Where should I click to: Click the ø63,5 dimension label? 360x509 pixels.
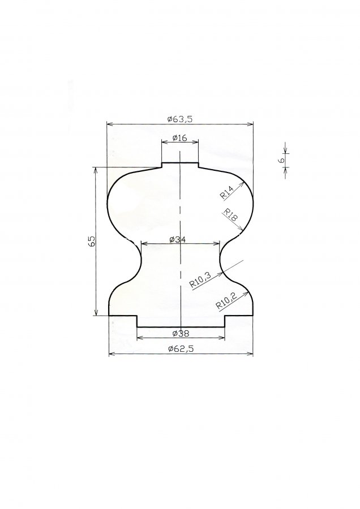tap(180, 119)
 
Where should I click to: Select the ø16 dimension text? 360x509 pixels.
tap(180, 138)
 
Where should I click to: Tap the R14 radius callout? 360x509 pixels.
tap(227, 192)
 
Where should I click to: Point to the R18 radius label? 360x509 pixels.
tap(231, 216)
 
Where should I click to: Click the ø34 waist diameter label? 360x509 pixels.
tap(177, 240)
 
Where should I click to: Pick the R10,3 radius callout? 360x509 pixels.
tap(200, 280)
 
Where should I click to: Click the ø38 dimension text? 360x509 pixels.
tap(181, 333)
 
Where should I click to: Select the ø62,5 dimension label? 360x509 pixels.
tap(181, 348)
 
